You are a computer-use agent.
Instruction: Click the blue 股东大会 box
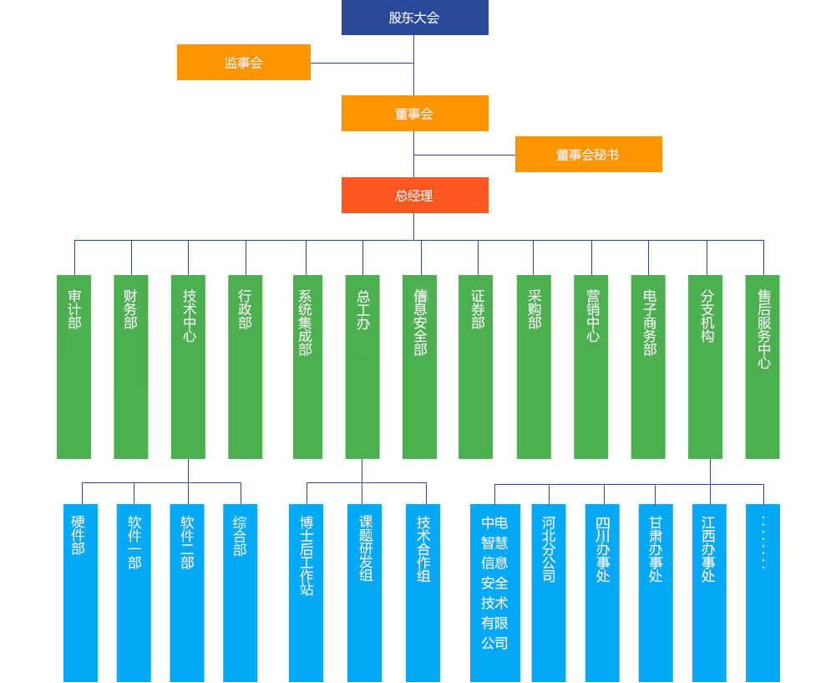[x=414, y=18]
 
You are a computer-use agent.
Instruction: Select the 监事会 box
[x=243, y=63]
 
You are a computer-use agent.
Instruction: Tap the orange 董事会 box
[x=414, y=114]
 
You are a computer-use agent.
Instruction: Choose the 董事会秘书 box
[x=588, y=155]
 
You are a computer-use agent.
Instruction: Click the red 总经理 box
[x=414, y=196]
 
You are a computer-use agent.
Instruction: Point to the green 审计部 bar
[x=74, y=366]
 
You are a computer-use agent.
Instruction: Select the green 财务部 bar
[x=131, y=366]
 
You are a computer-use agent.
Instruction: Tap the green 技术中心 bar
[x=188, y=366]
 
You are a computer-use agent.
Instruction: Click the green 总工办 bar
[x=362, y=366]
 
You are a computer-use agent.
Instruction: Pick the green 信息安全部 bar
[x=420, y=366]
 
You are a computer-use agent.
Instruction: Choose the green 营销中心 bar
[x=591, y=366]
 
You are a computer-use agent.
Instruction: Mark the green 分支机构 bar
[x=706, y=366]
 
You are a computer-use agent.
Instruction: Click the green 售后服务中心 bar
[x=763, y=366]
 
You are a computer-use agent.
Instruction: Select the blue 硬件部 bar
[x=80, y=592]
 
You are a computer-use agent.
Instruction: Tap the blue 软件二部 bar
[x=187, y=592]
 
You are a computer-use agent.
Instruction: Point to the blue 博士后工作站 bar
[x=307, y=592]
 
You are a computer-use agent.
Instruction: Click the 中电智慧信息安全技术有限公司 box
[x=494, y=592]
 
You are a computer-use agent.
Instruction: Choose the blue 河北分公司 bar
[x=549, y=592]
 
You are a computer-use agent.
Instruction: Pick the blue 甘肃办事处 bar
[x=656, y=592]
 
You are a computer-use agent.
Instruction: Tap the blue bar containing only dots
[x=763, y=592]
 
